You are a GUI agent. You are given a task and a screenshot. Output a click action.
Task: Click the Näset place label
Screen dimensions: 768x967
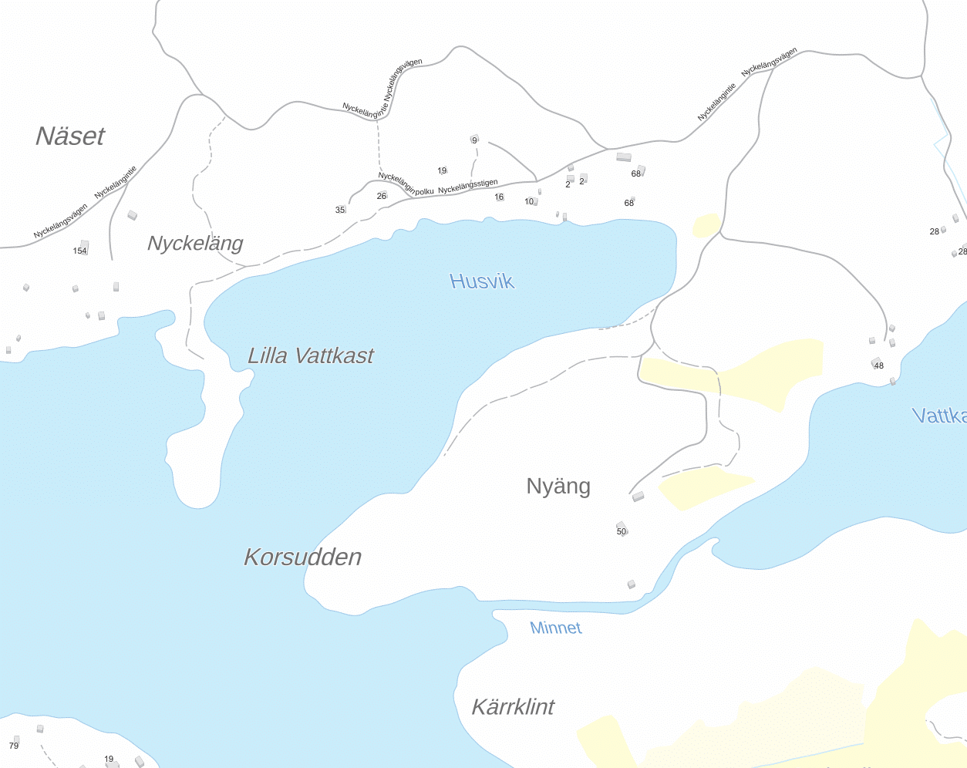(x=70, y=136)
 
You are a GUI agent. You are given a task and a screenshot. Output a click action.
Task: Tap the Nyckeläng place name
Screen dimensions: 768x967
(x=195, y=244)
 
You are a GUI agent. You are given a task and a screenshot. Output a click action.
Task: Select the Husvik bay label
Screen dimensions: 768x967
(x=482, y=281)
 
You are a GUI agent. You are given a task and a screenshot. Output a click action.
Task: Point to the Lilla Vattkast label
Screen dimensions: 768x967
(x=310, y=355)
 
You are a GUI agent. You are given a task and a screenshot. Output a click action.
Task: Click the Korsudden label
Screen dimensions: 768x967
(x=302, y=557)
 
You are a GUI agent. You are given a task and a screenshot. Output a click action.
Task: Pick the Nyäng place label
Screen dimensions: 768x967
(x=558, y=486)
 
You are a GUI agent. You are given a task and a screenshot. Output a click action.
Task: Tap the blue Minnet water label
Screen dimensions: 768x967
(x=555, y=628)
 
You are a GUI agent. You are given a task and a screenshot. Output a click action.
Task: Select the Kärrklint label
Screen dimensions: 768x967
(x=513, y=707)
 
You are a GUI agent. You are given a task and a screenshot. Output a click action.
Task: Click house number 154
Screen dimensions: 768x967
(x=80, y=251)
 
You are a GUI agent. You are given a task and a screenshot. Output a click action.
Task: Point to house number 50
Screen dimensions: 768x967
(x=622, y=531)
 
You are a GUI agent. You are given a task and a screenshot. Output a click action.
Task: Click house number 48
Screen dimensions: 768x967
(x=878, y=365)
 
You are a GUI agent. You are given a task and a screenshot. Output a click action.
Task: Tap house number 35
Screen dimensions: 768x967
(x=340, y=210)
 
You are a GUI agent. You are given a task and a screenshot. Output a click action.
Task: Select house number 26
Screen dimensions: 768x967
(x=382, y=196)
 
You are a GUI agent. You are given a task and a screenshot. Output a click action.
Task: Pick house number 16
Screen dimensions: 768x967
(x=499, y=197)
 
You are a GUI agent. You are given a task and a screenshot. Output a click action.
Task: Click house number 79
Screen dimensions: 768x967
(x=14, y=746)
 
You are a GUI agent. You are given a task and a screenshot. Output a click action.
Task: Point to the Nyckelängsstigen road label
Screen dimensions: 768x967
(x=468, y=186)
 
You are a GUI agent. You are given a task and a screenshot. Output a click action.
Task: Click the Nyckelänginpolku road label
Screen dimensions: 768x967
(x=406, y=184)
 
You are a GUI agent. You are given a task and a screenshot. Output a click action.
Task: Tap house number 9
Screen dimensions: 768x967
(x=474, y=140)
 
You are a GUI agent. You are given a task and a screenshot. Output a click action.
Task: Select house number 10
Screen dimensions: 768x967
(x=529, y=201)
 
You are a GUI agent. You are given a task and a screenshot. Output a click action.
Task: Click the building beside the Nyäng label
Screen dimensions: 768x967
(x=638, y=497)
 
